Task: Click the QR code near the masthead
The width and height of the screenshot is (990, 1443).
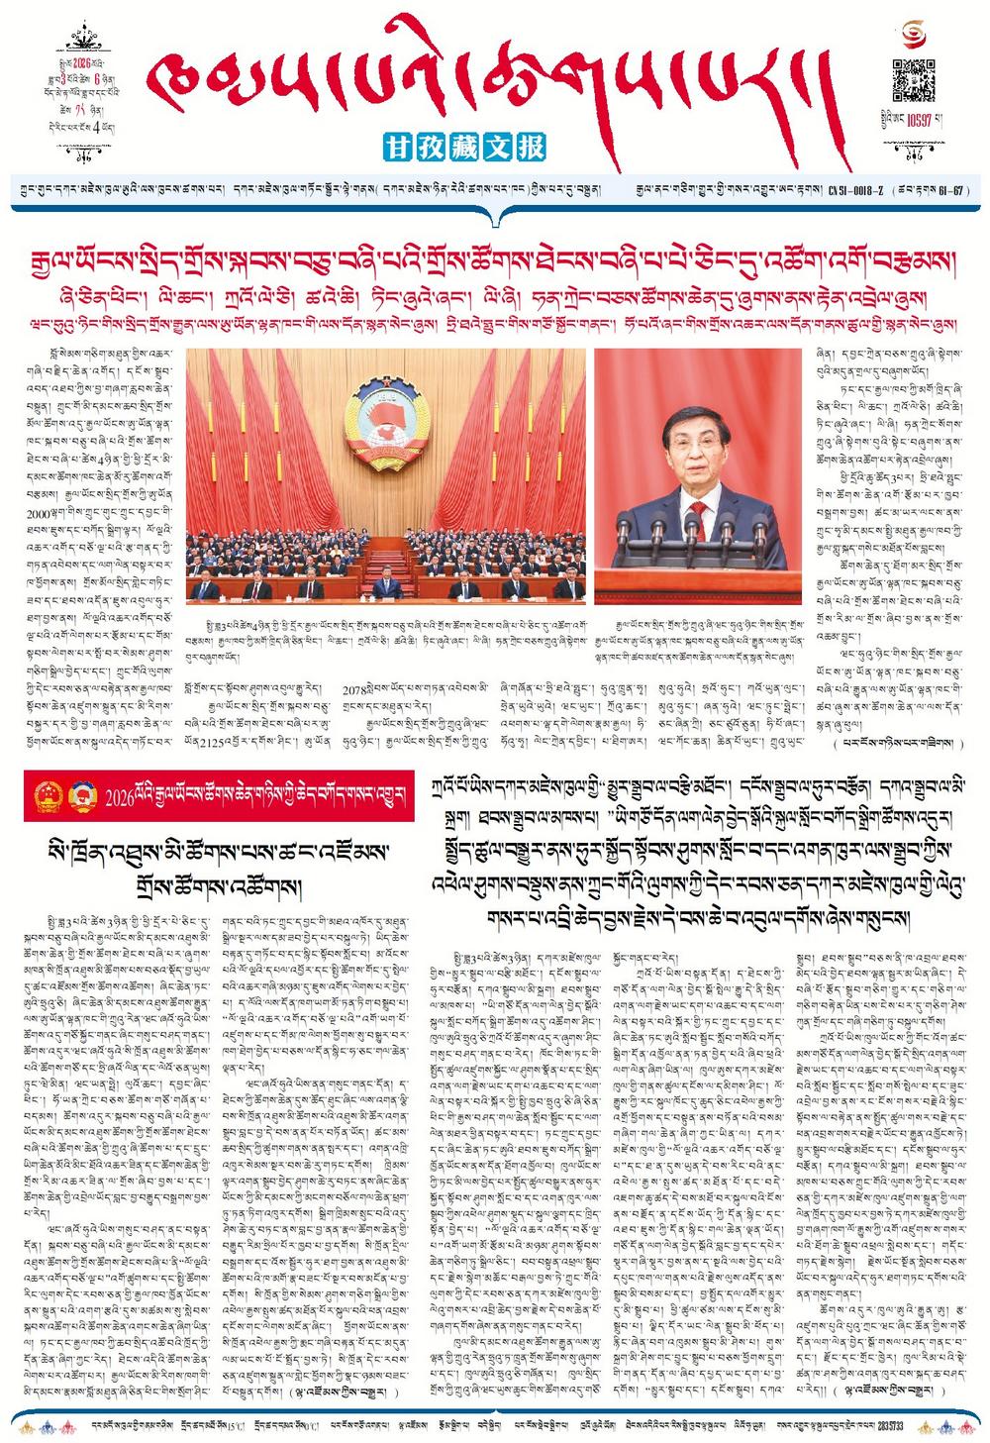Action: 914,80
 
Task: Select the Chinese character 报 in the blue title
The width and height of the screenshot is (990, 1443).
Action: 532,148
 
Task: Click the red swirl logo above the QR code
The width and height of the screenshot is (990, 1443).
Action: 914,37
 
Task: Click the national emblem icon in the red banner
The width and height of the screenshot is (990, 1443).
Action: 49,795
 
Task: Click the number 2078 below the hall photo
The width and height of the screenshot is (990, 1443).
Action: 354,686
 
